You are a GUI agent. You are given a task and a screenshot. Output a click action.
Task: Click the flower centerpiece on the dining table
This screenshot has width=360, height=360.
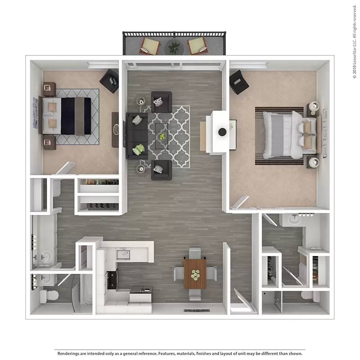coord(195,274)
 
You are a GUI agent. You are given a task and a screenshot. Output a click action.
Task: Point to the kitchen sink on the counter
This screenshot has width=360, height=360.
coord(122,255)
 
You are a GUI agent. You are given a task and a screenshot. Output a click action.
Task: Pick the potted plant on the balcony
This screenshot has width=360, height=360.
coord(173,46)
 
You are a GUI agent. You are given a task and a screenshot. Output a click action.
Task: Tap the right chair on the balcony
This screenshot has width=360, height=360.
coord(197,45)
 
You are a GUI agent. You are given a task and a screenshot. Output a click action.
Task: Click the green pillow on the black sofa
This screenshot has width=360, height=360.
coord(139,149)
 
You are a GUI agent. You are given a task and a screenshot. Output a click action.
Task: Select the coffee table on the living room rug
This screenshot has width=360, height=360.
coord(162,135)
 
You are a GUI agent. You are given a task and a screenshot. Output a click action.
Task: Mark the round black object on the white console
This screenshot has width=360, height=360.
coord(222,132)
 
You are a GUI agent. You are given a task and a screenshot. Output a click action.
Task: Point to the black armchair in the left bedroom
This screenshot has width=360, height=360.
coord(109,81)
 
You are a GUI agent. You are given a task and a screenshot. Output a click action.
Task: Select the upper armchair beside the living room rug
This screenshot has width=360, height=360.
coord(161,102)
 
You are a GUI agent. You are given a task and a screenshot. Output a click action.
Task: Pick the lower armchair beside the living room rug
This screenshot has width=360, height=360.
coord(161,170)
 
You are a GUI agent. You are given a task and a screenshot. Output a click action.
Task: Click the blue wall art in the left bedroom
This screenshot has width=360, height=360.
coord(36,112)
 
